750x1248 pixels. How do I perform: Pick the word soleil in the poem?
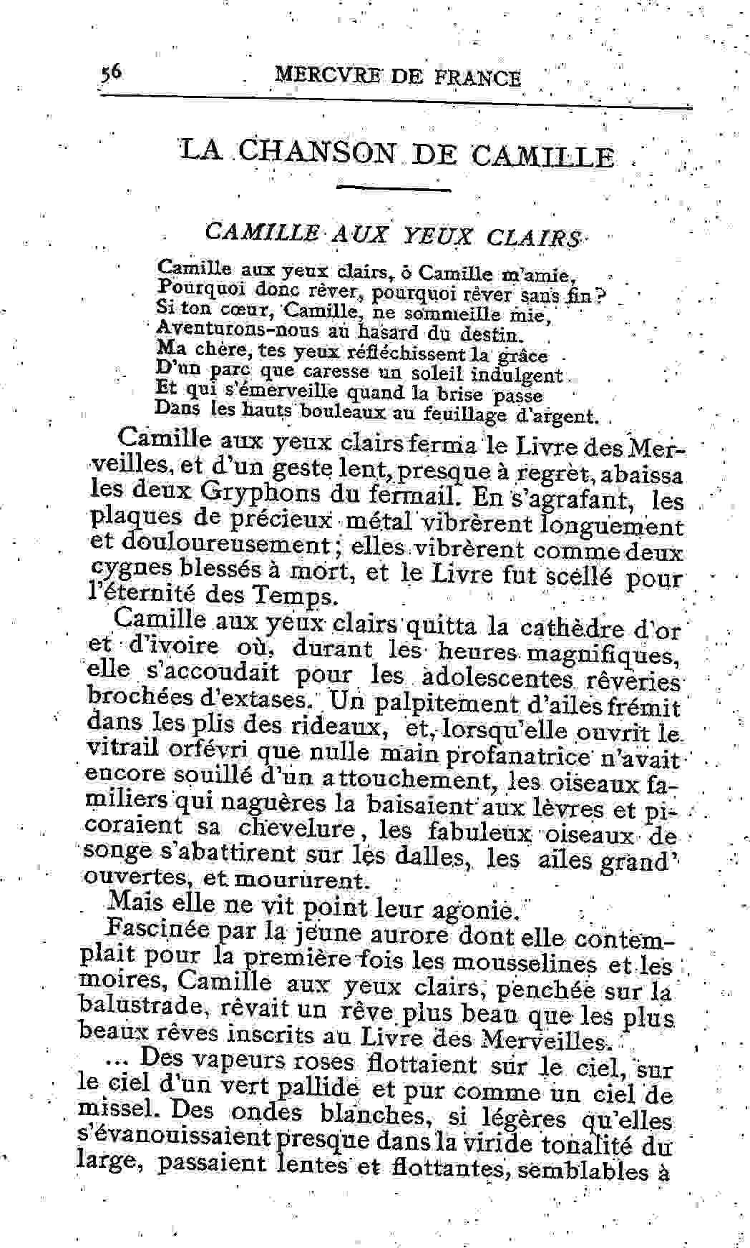click(439, 374)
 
